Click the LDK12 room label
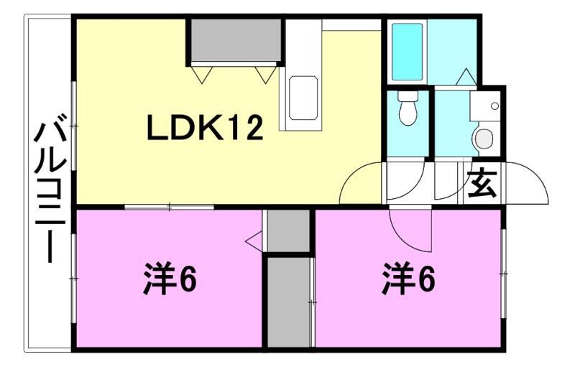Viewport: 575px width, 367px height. (x=205, y=129)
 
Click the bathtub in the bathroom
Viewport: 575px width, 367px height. (x=408, y=51)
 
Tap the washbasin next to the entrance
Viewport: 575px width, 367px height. (x=483, y=136)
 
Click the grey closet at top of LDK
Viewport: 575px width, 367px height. (x=235, y=42)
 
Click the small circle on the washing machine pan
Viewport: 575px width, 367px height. (x=494, y=106)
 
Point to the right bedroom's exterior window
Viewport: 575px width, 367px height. (x=503, y=273)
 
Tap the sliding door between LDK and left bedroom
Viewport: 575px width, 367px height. (x=170, y=207)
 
